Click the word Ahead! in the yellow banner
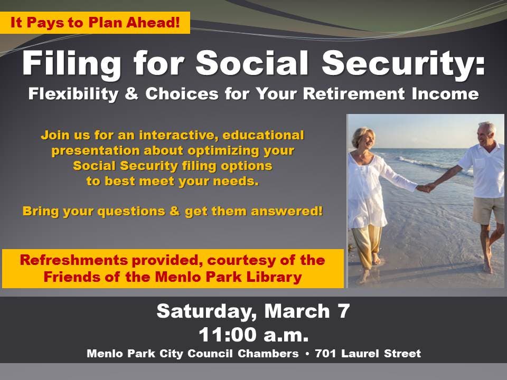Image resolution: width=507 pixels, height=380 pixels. [x=153, y=23]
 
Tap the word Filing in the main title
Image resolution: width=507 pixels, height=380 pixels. [x=72, y=64]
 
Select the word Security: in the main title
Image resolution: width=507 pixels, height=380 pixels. [x=403, y=64]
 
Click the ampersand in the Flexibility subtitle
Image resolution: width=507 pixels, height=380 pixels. [x=132, y=94]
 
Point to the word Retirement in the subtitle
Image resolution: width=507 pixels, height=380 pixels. [x=354, y=94]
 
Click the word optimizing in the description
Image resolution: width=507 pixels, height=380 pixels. [x=224, y=150]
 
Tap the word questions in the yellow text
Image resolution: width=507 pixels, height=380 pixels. [x=132, y=212]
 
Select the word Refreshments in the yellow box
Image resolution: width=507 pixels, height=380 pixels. [x=74, y=260]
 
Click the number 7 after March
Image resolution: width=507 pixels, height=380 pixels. [x=343, y=311]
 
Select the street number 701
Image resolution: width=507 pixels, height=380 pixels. [x=326, y=354]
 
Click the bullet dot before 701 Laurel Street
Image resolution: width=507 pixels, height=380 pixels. [x=307, y=354]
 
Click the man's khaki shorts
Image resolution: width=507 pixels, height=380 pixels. [x=488, y=210]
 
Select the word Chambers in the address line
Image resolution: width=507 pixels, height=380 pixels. [x=268, y=354]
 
